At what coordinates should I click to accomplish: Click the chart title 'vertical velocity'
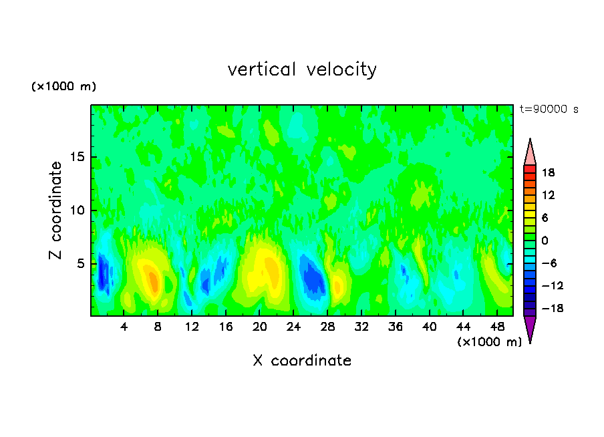(302, 69)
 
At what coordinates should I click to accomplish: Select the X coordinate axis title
(302, 361)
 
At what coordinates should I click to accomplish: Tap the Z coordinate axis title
(55, 210)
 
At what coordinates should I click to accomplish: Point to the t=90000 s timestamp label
(549, 109)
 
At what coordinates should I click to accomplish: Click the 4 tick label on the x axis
(124, 327)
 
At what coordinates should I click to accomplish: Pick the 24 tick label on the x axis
(293, 327)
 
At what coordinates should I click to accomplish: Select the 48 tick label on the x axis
(496, 327)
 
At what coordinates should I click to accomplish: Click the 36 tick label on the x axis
(395, 327)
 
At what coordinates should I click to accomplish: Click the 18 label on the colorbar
(548, 172)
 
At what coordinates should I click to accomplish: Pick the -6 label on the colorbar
(549, 263)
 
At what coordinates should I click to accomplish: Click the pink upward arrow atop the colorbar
(530, 153)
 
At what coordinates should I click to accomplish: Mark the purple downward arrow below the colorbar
(530, 328)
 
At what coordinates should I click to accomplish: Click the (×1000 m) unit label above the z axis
(63, 87)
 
